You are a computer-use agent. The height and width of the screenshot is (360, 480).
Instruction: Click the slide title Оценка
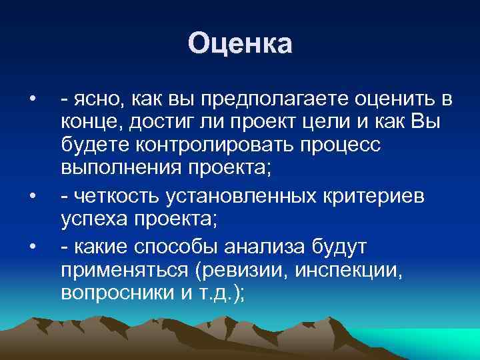point(240,44)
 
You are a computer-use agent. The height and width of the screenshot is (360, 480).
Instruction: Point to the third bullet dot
point(33,249)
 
